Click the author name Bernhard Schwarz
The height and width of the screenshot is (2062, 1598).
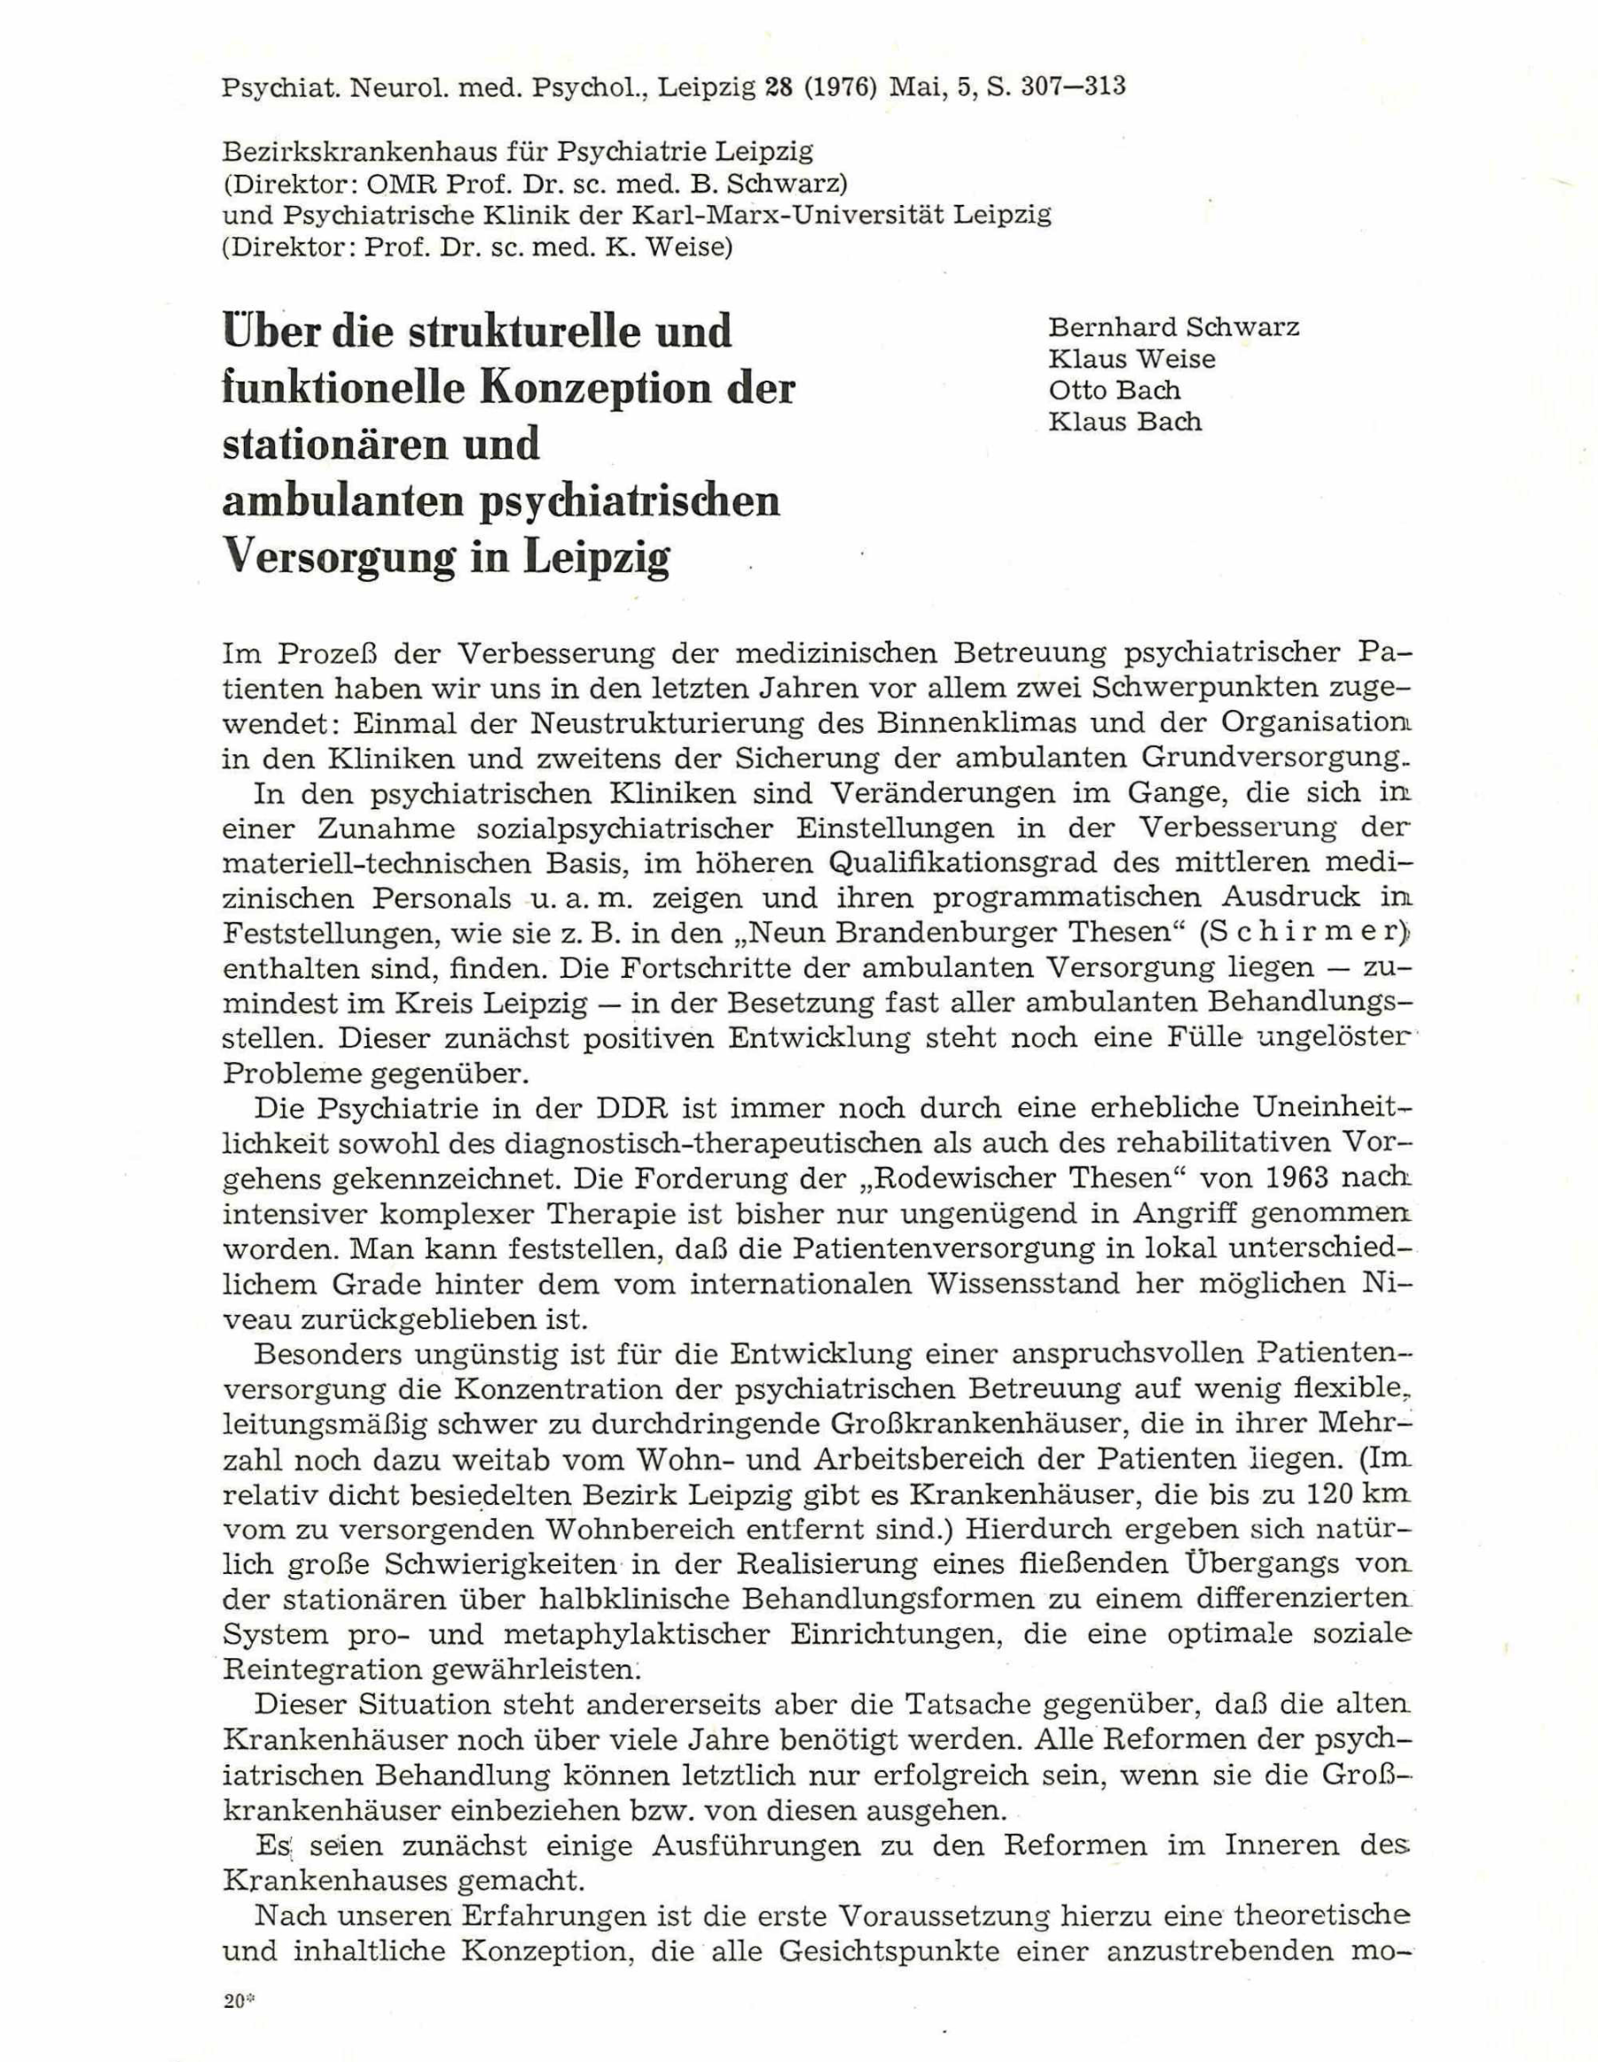(x=1173, y=327)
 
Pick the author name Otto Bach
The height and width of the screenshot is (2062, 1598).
(x=1115, y=390)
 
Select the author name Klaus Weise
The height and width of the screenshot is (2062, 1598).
(x=1132, y=358)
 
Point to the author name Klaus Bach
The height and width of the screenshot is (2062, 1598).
(x=1125, y=421)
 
